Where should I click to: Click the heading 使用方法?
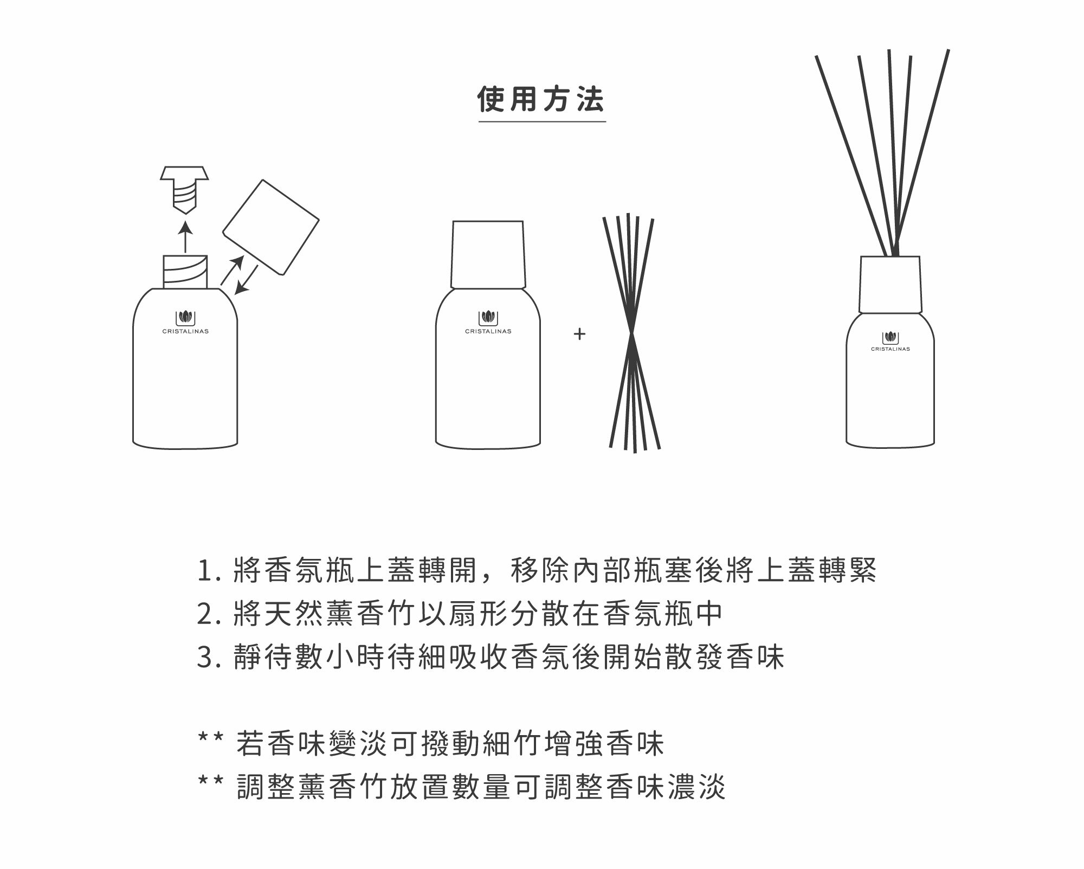[x=541, y=100]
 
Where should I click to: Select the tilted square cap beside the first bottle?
[x=270, y=227]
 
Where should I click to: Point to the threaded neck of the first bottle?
[x=185, y=272]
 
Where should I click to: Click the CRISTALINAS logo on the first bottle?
[x=185, y=323]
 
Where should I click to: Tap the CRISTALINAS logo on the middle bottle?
[x=488, y=323]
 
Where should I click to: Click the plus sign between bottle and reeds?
[x=579, y=334]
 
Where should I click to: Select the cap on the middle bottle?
[x=488, y=255]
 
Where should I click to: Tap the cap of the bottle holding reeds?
[x=890, y=285]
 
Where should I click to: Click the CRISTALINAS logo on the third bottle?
[x=890, y=342]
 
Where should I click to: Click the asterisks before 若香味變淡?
[x=211, y=737]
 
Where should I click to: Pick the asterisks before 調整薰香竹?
[x=211, y=781]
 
